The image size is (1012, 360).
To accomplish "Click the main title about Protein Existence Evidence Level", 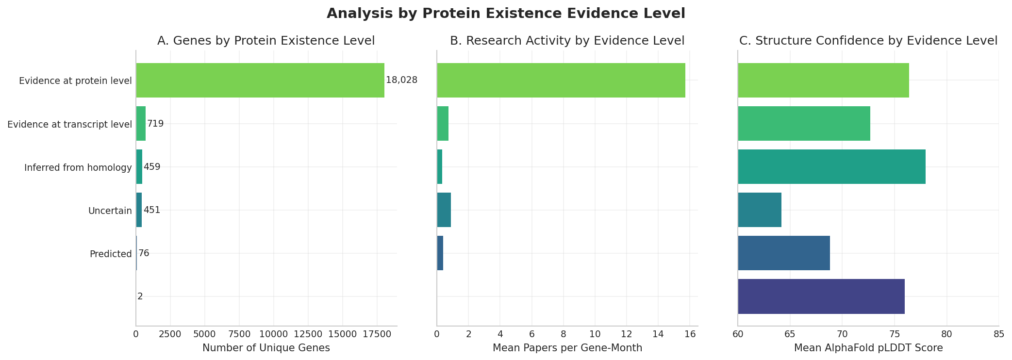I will click(x=506, y=14).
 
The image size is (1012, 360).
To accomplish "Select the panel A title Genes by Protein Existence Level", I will click(x=266, y=41).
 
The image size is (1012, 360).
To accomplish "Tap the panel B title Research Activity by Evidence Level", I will click(x=567, y=41).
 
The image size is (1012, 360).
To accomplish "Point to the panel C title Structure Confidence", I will click(x=868, y=41).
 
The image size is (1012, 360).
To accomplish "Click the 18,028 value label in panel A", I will click(x=401, y=80).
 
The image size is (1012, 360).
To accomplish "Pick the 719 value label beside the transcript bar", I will click(x=155, y=124).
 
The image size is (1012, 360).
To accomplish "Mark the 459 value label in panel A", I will click(x=152, y=167).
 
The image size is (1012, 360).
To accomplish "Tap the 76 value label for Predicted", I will click(x=144, y=253).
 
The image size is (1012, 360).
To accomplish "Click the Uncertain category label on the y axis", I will click(x=110, y=211).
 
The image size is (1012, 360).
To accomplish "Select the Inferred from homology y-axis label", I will click(x=78, y=167).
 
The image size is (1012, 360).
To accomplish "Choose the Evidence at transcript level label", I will click(x=69, y=124).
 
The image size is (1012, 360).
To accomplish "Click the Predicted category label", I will click(x=111, y=254).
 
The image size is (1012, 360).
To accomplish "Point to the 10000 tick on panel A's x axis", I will click(x=274, y=334).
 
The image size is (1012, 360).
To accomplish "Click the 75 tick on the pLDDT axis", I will click(x=894, y=334).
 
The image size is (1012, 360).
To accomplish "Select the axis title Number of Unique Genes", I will click(x=266, y=348).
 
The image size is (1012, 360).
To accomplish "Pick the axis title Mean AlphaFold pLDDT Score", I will click(x=868, y=348).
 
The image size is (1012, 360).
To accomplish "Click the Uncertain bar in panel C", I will click(x=760, y=210).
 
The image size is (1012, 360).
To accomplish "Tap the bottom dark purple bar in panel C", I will click(x=821, y=296).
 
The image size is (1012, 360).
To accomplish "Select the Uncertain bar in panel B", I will click(x=444, y=210).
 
